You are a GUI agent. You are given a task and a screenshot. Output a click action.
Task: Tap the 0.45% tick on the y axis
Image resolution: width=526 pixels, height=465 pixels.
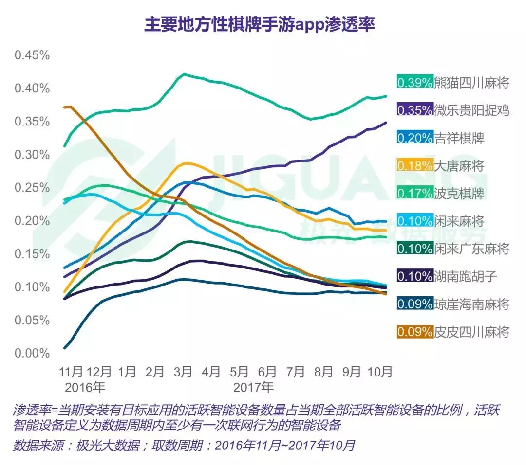[32, 55]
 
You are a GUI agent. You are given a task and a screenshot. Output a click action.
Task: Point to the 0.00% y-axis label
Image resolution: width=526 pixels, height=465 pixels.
[32, 354]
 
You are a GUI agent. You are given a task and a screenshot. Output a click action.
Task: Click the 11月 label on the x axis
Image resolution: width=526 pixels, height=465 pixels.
[71, 372]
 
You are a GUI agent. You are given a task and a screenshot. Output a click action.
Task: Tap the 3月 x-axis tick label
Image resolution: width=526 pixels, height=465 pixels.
[183, 372]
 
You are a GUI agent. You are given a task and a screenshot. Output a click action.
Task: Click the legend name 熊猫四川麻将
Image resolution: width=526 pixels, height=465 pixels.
[471, 83]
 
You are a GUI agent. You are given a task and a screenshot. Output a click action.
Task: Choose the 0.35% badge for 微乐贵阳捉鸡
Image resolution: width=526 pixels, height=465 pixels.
[415, 110]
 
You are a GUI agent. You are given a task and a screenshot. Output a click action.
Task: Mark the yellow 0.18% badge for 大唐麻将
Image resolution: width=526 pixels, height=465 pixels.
[415, 166]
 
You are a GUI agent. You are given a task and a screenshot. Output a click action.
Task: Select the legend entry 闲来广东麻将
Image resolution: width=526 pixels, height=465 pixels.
[471, 249]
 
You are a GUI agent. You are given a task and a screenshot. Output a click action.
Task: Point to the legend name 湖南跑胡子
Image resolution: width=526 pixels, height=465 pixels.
[465, 277]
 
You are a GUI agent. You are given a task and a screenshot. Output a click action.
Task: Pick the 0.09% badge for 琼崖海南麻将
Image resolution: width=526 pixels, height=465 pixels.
[415, 304]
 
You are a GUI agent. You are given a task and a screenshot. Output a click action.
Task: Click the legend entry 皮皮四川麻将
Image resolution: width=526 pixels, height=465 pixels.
[471, 332]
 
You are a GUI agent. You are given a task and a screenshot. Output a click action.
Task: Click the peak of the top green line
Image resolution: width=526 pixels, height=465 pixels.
[184, 74]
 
